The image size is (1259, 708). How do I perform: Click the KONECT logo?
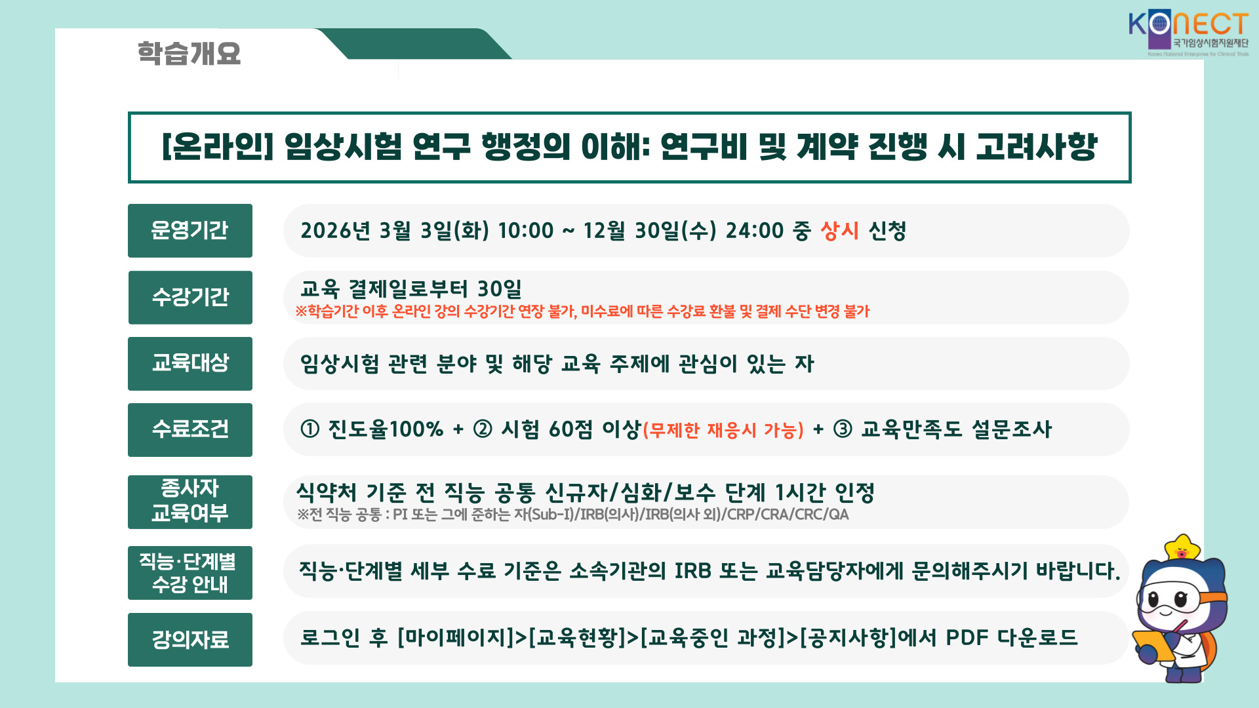1188,34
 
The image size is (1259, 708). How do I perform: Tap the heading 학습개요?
189,53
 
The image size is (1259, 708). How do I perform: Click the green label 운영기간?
190,231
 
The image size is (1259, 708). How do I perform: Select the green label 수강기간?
190,298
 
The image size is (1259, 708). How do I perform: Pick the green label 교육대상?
190,364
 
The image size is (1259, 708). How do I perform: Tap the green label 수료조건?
190,430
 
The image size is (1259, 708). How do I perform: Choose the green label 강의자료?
190,640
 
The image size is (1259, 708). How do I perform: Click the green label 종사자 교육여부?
190,502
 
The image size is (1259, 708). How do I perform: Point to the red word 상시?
840,231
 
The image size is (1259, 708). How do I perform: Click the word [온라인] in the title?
217,146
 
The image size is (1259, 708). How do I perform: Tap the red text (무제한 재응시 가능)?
723,431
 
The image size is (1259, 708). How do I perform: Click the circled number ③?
843,429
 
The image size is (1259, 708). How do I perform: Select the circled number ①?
310,429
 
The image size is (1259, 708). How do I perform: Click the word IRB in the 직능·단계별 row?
693,571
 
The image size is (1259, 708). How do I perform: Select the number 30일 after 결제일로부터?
500,289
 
